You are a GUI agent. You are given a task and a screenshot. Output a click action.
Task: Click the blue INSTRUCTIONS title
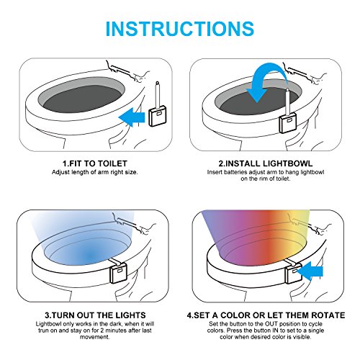click(x=180, y=29)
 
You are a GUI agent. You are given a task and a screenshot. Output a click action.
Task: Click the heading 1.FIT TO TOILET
click(x=95, y=163)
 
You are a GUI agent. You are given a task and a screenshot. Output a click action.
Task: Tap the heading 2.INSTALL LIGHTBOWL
click(x=266, y=163)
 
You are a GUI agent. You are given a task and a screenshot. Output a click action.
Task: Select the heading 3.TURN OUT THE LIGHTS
click(x=95, y=315)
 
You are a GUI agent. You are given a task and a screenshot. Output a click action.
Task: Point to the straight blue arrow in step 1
click(x=132, y=117)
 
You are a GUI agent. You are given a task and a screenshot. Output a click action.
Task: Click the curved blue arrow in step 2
click(x=266, y=81)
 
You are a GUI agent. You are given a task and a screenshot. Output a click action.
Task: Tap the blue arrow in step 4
click(x=310, y=271)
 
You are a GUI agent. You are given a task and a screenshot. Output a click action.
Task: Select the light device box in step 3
click(x=118, y=272)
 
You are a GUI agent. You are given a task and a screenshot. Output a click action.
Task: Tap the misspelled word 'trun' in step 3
click(x=42, y=330)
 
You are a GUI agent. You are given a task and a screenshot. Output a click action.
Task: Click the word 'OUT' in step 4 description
click(x=271, y=324)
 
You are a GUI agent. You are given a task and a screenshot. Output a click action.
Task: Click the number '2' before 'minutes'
click(x=102, y=330)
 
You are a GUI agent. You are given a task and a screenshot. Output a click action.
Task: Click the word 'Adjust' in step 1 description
click(x=60, y=172)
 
